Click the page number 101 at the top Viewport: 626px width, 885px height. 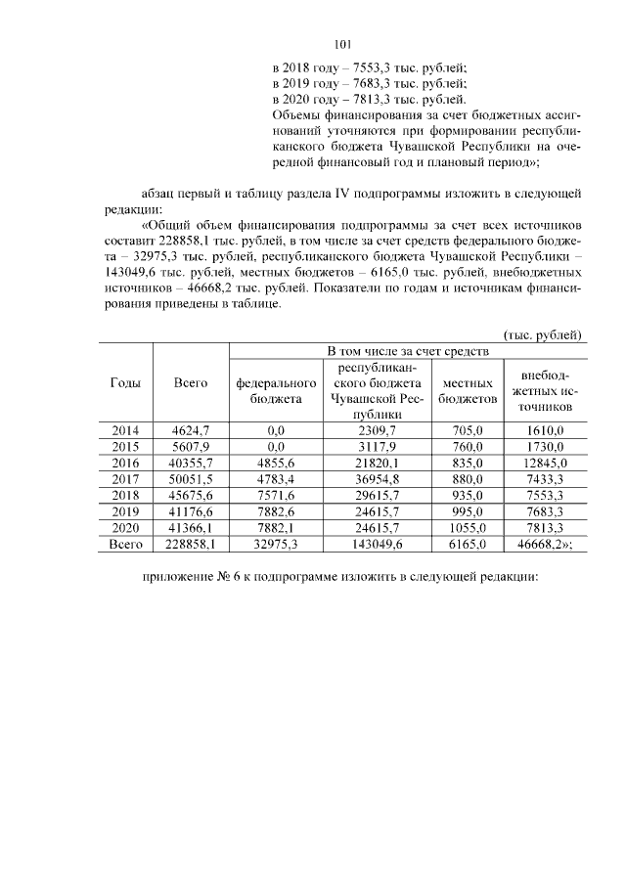click(x=342, y=44)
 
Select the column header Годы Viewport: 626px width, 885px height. click(x=125, y=383)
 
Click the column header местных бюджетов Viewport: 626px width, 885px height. click(x=468, y=391)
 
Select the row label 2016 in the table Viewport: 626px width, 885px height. click(x=125, y=463)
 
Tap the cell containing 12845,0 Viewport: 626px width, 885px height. click(x=546, y=463)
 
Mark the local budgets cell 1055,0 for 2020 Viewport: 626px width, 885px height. click(x=468, y=528)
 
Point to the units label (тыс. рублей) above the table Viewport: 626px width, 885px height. click(x=544, y=333)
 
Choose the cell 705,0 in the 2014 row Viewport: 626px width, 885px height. click(x=468, y=429)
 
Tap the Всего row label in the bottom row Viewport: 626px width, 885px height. click(x=125, y=545)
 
